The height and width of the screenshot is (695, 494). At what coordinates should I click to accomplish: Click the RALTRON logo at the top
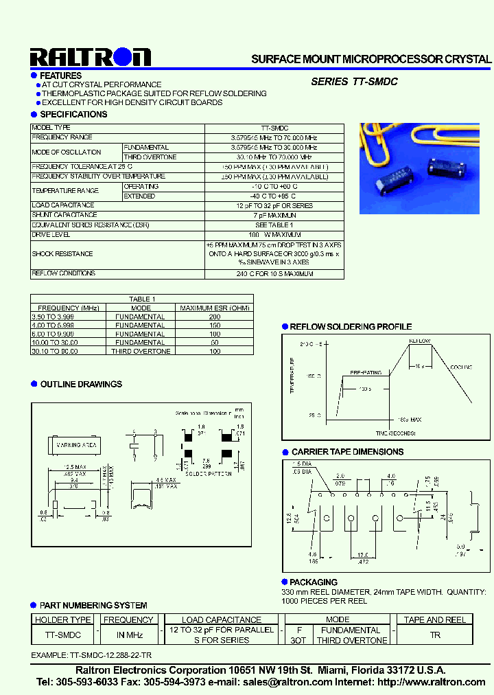tap(90, 56)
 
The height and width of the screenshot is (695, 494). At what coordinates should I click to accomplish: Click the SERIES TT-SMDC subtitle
tap(354, 82)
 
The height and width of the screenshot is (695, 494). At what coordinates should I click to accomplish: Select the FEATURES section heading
tap(60, 76)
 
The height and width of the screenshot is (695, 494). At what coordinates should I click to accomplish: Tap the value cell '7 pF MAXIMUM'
tap(274, 215)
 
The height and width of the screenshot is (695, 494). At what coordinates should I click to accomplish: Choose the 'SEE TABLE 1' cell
tap(274, 225)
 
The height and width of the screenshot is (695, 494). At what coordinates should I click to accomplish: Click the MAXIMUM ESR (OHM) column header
tap(215, 308)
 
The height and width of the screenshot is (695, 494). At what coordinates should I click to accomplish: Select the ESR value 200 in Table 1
tap(215, 317)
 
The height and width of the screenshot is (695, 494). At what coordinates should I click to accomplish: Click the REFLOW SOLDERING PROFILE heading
tap(351, 327)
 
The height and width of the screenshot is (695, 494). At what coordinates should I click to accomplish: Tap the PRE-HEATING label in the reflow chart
tap(366, 372)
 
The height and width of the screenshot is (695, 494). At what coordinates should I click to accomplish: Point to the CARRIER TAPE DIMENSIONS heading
tap(347, 452)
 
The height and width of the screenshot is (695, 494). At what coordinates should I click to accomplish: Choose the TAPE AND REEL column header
tap(434, 619)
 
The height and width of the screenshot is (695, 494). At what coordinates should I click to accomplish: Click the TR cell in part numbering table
tap(434, 635)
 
